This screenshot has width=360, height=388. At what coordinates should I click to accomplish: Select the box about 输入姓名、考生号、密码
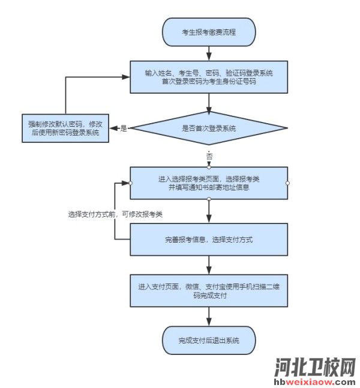click(208, 77)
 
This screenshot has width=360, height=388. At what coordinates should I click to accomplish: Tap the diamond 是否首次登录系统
click(208, 129)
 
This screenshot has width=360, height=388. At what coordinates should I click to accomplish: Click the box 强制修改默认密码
click(65, 129)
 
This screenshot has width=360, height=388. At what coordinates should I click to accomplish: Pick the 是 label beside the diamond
click(124, 129)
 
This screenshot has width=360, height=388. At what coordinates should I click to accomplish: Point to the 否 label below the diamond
click(209, 156)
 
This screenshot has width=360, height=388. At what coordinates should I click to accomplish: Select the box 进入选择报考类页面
click(208, 183)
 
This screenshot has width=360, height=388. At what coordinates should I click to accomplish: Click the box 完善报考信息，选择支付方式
click(208, 240)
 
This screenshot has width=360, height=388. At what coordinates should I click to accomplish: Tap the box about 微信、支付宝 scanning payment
click(208, 291)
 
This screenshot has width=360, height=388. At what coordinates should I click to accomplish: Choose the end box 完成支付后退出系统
click(208, 341)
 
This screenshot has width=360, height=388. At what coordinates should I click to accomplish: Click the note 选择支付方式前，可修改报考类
click(115, 214)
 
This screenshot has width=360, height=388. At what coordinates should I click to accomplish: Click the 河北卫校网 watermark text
click(315, 366)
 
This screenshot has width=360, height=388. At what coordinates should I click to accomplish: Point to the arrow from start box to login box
click(208, 52)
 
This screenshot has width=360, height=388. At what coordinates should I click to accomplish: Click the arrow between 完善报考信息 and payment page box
click(208, 265)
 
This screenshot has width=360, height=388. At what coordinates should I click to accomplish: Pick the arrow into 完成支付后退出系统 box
click(208, 317)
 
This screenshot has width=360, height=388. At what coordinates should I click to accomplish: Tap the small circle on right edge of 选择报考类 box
click(287, 183)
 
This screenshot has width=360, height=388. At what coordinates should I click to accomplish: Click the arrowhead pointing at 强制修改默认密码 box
click(113, 129)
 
